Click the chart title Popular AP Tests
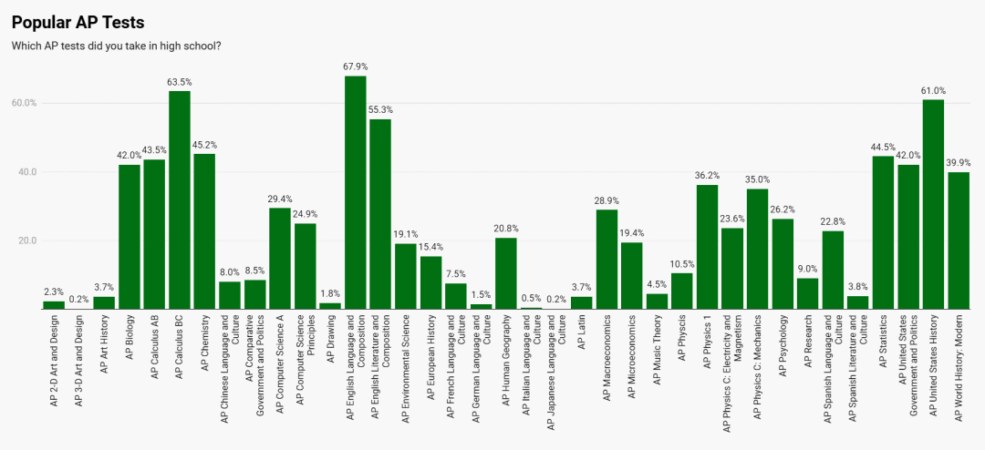pyautogui.click(x=78, y=22)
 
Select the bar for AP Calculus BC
pyautogui.click(x=180, y=200)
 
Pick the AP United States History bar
pyautogui.click(x=933, y=205)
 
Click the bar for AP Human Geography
pyautogui.click(x=506, y=273)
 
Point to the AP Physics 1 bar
pyautogui.click(x=707, y=247)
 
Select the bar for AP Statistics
pyautogui.click(x=883, y=233)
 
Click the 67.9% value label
pyautogui.click(x=356, y=66)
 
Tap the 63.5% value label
pyautogui.click(x=180, y=82)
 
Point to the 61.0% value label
pyautogui.click(x=933, y=90)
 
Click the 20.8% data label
pyautogui.click(x=506, y=229)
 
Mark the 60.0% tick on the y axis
pyautogui.click(x=24, y=103)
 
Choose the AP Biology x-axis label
pyautogui.click(x=130, y=347)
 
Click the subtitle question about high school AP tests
pyautogui.click(x=116, y=46)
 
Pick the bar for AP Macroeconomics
pyautogui.click(x=607, y=260)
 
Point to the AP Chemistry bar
pyautogui.click(x=204, y=231)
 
